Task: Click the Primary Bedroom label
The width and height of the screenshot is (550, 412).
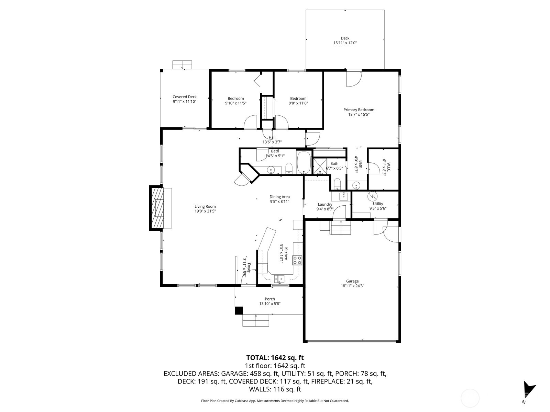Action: point(359,110)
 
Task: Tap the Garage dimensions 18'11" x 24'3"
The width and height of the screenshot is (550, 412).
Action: point(352,286)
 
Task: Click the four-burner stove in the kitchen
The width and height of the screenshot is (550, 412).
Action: point(297,260)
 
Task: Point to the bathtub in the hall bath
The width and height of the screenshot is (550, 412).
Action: point(304,163)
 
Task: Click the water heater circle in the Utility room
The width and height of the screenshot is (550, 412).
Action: point(372,196)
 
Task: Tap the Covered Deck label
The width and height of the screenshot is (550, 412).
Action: point(185,97)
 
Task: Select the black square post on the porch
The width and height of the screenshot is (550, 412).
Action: point(239,310)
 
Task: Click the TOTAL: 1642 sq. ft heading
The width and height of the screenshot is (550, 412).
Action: point(275,358)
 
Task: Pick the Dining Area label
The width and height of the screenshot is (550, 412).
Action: point(279,197)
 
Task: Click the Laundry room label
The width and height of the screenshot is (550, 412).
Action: point(325,204)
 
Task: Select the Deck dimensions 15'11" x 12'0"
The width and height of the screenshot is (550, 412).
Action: point(345,43)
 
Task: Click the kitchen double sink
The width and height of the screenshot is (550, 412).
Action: point(279,278)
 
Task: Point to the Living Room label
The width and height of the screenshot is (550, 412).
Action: point(205,206)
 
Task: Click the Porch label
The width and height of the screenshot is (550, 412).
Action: point(270,299)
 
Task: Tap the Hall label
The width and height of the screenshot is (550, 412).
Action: point(272,137)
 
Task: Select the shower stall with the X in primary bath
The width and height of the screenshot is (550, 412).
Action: point(319,166)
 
